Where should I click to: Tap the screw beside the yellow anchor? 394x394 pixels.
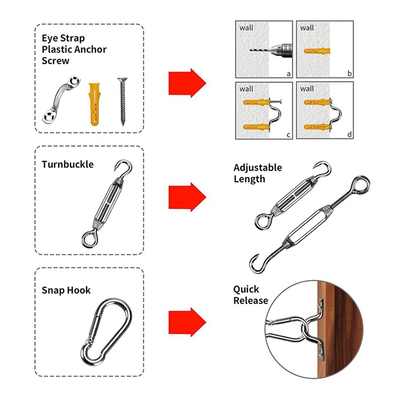point(122,101)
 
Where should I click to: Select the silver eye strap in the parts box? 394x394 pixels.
point(61,100)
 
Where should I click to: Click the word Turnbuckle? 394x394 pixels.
point(67,164)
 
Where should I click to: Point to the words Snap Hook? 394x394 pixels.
point(66,290)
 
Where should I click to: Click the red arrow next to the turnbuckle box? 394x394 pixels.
point(187,197)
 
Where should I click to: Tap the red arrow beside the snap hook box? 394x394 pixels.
point(187,322)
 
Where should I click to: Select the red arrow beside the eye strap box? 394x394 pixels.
point(187,83)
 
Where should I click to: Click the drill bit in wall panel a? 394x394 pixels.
point(260,50)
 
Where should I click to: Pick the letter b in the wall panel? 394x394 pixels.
point(349,73)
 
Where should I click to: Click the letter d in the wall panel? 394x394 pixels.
point(349,134)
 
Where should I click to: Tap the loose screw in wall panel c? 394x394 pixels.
point(276,102)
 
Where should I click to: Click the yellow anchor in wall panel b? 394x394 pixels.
point(317,51)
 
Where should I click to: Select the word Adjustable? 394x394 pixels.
point(258,167)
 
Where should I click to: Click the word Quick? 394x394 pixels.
point(246,289)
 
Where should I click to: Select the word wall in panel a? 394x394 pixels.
point(246,28)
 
